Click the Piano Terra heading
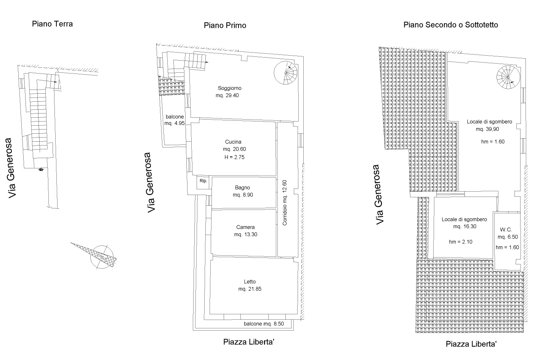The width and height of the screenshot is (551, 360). (52, 24)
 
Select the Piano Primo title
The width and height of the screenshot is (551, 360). (225, 26)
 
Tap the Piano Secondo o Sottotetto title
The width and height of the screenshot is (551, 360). (450, 25)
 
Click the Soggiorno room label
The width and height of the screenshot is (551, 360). (229, 88)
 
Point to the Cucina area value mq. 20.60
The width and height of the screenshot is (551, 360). (234, 149)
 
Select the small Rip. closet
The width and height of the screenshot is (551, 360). (203, 181)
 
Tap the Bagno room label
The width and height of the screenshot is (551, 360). (242, 187)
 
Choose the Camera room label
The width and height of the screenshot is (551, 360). (245, 227)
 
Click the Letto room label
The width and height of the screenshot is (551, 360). (250, 282)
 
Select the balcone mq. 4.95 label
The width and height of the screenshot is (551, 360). (175, 120)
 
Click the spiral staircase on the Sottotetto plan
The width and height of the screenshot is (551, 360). (508, 77)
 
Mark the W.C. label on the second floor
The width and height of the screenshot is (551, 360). (505, 230)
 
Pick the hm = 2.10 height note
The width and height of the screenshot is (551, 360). (461, 242)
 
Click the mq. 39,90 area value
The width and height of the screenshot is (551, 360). (487, 129)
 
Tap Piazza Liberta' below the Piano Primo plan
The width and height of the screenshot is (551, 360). (248, 342)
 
